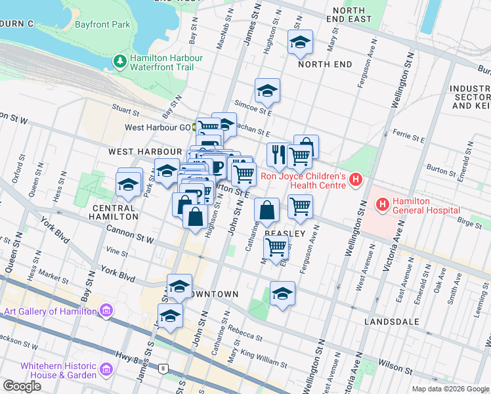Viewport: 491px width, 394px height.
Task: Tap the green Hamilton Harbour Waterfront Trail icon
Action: click(119, 62)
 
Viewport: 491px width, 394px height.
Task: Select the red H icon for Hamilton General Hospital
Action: click(383, 205)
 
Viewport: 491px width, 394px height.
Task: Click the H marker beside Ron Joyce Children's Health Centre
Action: click(356, 179)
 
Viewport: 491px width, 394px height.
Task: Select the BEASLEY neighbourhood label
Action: click(284, 234)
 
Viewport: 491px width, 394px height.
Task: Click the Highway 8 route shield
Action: click(162, 369)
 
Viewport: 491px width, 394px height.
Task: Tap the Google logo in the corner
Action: click(22, 386)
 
